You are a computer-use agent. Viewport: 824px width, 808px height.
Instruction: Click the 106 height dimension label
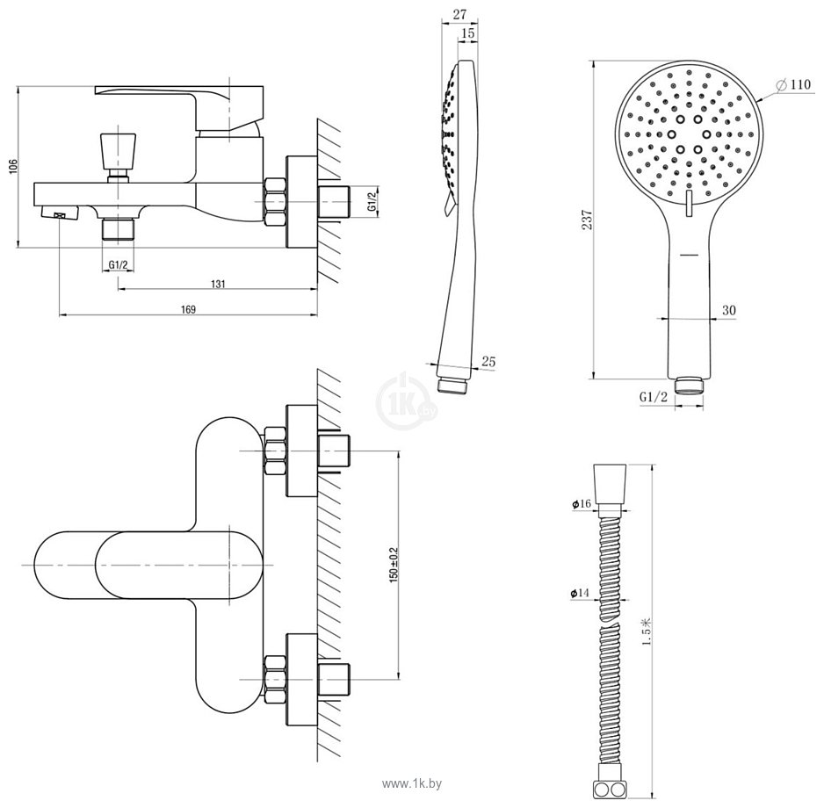coord(14,167)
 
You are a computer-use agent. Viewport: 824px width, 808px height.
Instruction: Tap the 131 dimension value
coord(218,285)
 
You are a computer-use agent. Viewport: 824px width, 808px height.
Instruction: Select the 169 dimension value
coord(188,310)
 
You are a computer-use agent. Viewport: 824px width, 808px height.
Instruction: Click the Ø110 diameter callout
coord(793,84)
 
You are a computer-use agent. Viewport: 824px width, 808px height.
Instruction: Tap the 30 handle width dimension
coord(729,311)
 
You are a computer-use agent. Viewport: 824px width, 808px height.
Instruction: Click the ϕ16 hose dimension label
coord(582,504)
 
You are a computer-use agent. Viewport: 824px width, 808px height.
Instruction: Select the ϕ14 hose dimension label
coord(580,593)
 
